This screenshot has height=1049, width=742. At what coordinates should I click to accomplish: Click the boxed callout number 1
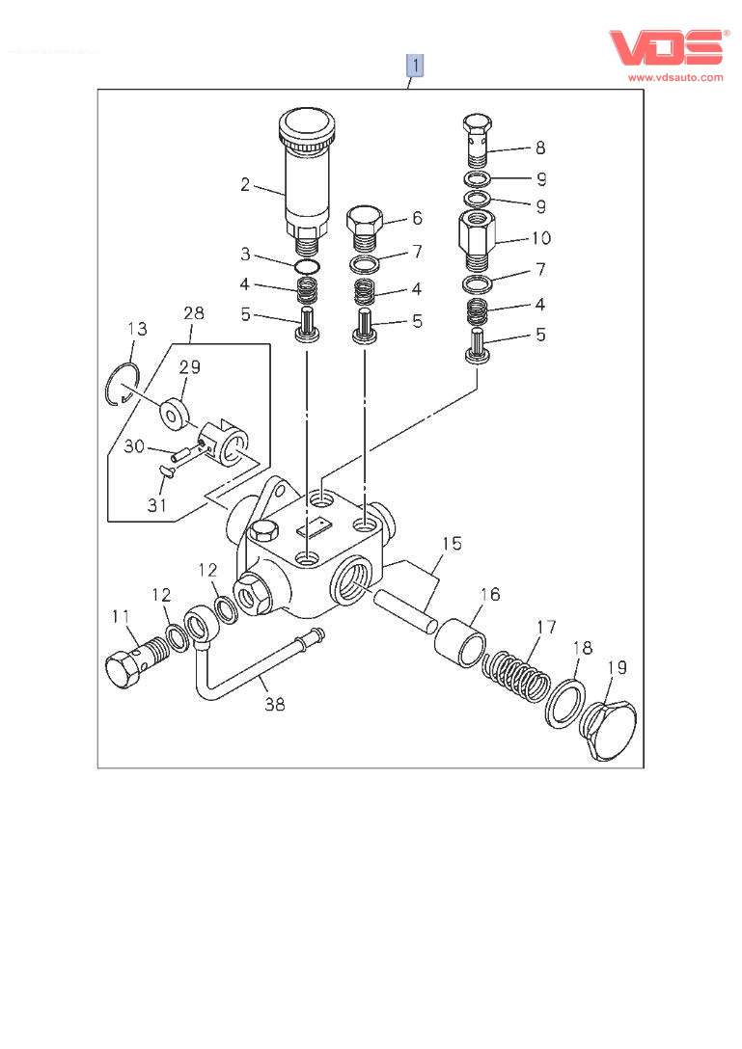click(415, 66)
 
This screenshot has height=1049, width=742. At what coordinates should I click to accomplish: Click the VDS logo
click(666, 48)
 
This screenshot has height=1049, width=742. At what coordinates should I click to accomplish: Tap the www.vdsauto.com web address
click(675, 77)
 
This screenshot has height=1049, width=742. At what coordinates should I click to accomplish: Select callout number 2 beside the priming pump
click(245, 183)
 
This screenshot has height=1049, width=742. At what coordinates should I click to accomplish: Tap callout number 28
click(194, 313)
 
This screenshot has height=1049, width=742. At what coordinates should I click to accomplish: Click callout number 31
click(156, 504)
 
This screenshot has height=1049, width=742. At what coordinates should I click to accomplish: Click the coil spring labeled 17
click(516, 675)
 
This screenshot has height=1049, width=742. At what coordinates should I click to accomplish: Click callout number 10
click(540, 236)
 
